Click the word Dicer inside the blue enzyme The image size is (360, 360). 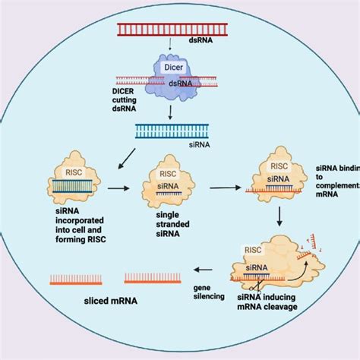[175, 68]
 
